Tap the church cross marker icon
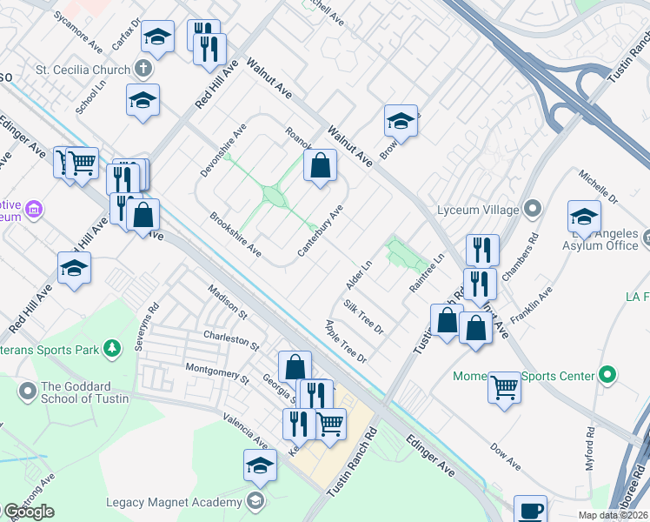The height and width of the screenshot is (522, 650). tap(143, 69)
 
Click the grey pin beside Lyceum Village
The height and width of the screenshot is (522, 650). tap(534, 210)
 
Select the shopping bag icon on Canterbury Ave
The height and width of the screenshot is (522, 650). tap(320, 164)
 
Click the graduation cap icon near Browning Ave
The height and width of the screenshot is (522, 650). tap(401, 120)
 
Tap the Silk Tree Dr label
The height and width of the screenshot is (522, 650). tap(363, 317)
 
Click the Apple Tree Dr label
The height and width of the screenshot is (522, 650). tap(346, 342)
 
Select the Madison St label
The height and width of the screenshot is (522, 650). tap(227, 301)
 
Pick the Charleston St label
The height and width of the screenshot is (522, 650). tap(231, 339)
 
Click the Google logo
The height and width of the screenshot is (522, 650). tap(29, 511)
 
